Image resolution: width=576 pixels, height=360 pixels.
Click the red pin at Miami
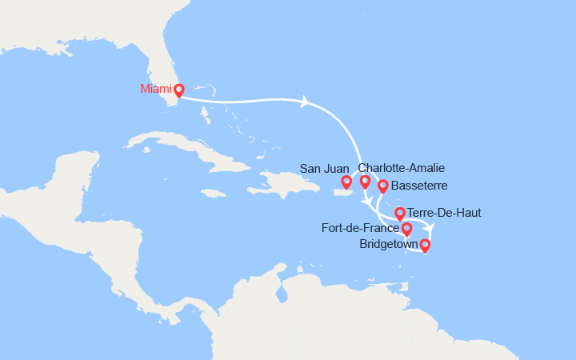179,90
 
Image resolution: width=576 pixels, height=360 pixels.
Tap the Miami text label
156,88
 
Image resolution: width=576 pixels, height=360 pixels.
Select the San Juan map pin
346,182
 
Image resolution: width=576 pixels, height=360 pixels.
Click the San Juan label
326,168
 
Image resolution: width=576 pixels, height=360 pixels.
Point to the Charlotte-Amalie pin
366,181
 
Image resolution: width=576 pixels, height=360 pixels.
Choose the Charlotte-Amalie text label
402,168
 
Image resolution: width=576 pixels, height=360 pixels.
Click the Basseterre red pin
382,186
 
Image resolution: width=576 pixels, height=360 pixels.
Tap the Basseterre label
419,186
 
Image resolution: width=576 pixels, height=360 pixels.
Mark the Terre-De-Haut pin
400,214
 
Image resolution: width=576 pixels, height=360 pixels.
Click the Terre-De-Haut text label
444,213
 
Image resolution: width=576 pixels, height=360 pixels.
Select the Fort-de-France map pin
406,229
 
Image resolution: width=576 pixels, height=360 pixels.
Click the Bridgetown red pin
425,245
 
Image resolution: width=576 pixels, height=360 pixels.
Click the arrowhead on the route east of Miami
304,102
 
